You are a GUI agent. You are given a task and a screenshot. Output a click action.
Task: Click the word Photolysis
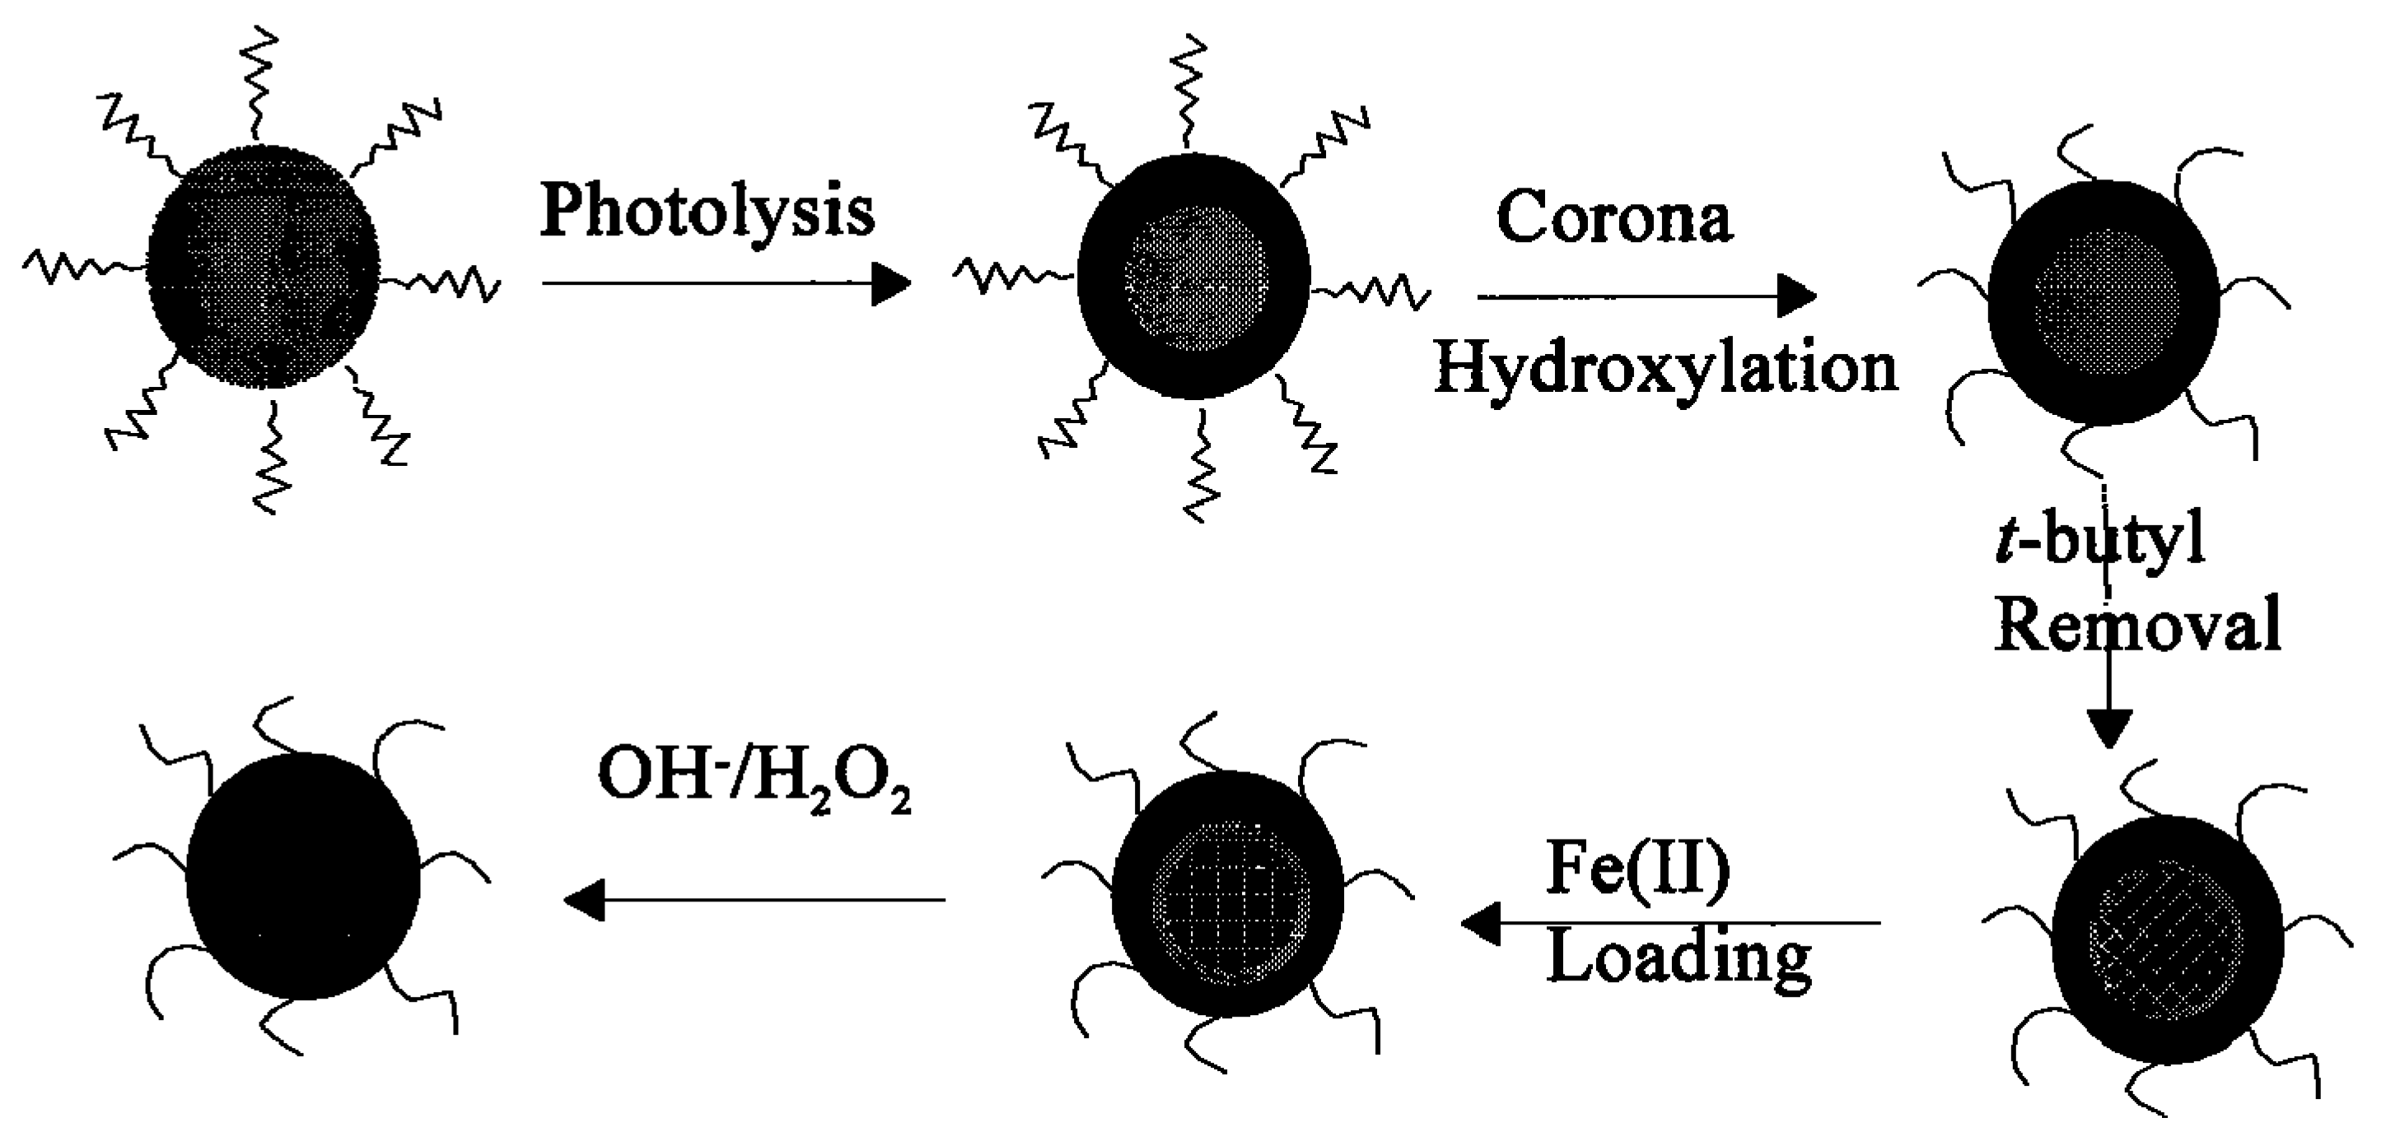707,211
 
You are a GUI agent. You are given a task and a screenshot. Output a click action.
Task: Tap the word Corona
1613,219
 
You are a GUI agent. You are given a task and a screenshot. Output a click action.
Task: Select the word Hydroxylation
1665,369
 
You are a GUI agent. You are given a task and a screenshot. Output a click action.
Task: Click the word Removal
2136,626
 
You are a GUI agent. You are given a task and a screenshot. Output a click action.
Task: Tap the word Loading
1679,957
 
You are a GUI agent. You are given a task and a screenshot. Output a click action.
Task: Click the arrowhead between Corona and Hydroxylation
1797,296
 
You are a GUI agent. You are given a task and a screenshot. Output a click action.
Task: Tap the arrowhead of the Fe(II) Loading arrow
1480,924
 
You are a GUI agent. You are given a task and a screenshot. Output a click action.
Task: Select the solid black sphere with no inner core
302,875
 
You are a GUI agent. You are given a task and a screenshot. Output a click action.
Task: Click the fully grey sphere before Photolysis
264,267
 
